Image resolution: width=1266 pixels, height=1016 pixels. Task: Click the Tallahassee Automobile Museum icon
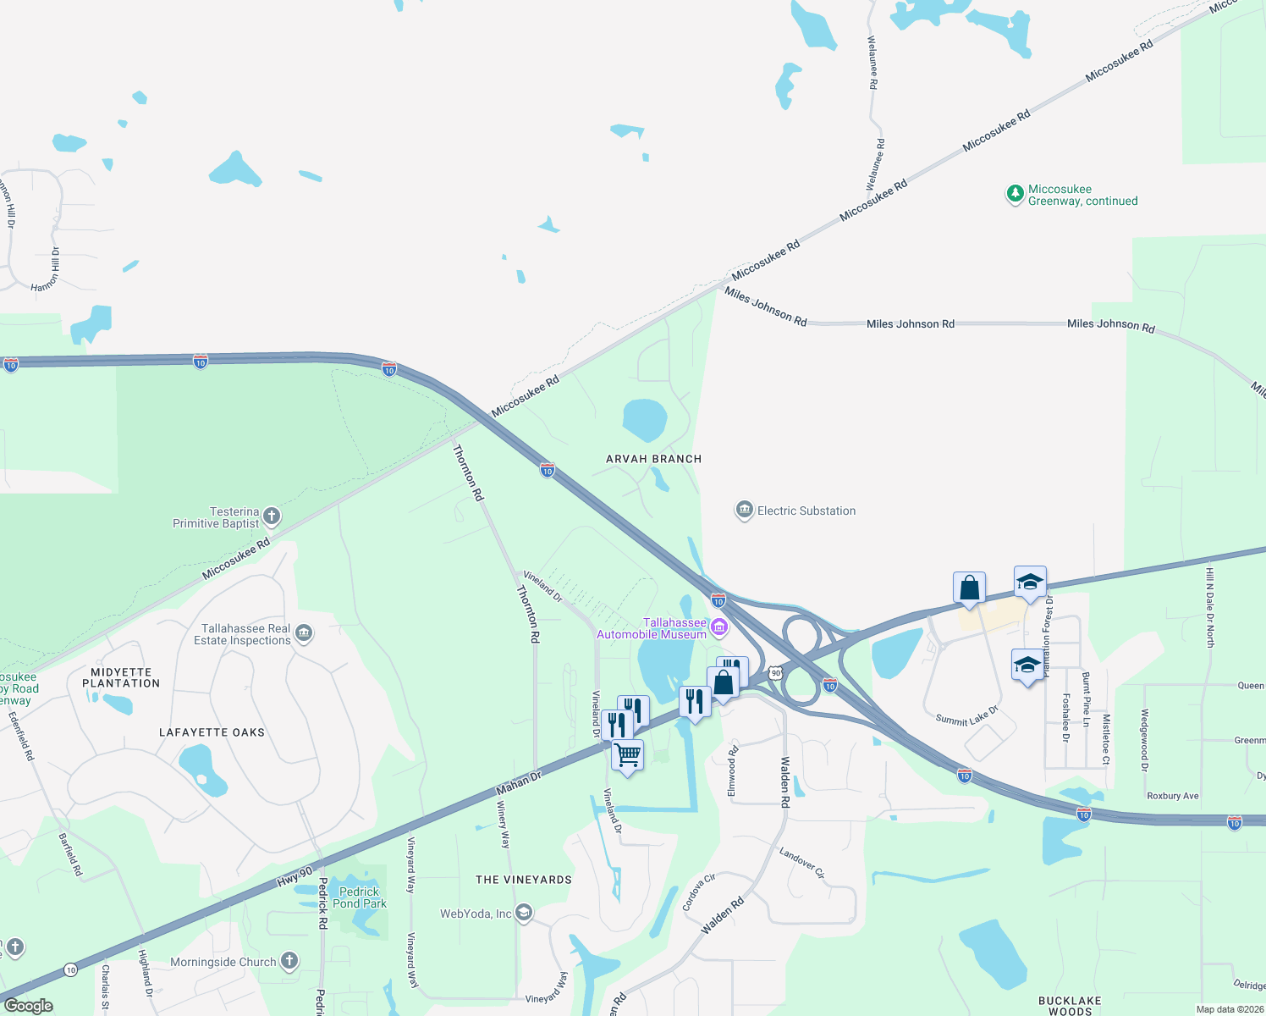click(719, 627)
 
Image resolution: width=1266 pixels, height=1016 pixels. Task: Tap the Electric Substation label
click(806, 511)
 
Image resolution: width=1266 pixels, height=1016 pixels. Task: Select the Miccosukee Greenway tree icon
click(1015, 194)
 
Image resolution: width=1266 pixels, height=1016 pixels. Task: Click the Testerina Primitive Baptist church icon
click(272, 516)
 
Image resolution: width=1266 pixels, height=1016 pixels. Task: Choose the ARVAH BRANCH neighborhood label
click(653, 459)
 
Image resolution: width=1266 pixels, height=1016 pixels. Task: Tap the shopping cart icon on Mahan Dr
click(627, 754)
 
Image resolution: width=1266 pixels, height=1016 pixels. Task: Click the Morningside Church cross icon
click(289, 960)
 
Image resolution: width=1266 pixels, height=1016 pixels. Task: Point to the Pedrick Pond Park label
click(360, 897)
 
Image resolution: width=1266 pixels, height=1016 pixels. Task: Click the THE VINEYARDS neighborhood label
click(524, 880)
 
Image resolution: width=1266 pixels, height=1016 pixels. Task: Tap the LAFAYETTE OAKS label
click(212, 732)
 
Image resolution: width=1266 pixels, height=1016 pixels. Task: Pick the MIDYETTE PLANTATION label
click(121, 677)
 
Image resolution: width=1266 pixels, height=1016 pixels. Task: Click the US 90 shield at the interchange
click(776, 673)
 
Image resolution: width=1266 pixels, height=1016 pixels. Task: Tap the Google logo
click(29, 1006)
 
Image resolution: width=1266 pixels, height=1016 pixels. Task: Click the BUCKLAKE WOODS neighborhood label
click(1070, 1006)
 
